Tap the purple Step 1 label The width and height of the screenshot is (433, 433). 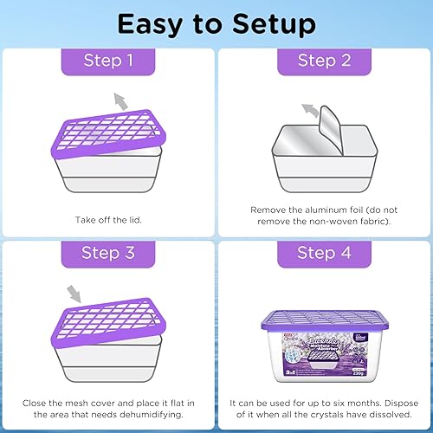click(108, 61)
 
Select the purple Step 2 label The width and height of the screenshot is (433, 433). click(325, 61)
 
